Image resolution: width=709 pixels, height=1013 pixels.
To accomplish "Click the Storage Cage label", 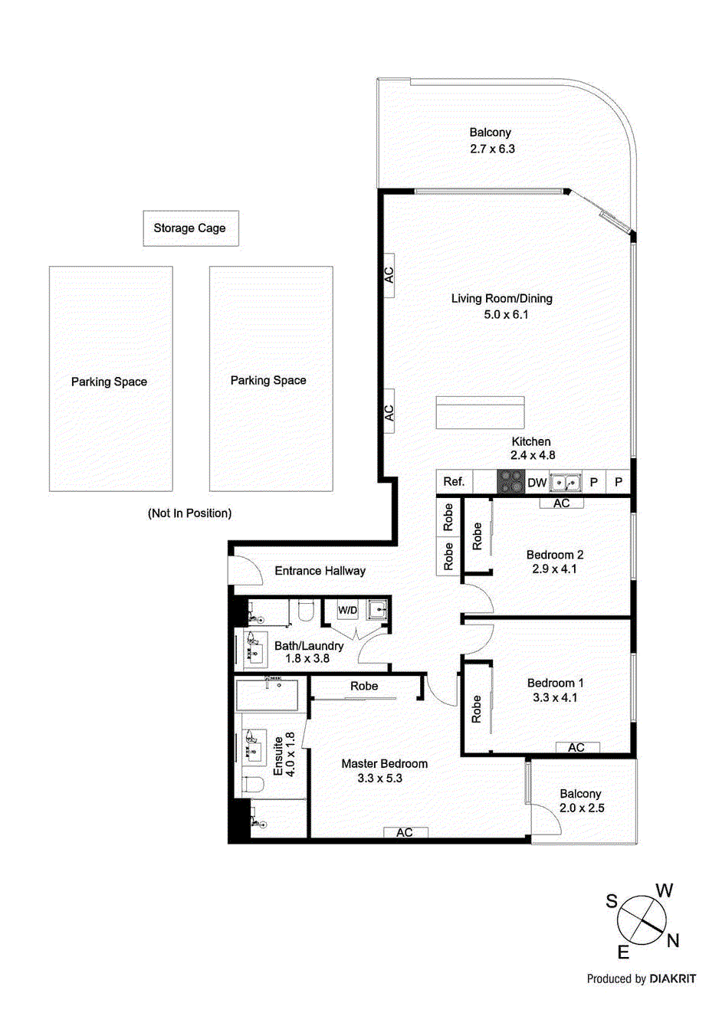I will click(189, 228).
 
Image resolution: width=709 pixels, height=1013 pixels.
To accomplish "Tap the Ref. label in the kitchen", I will click(454, 481).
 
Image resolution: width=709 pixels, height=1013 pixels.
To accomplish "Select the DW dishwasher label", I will click(537, 483).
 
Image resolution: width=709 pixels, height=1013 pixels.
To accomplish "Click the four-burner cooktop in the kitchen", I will click(510, 482).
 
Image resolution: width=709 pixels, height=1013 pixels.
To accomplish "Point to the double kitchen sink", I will click(566, 483).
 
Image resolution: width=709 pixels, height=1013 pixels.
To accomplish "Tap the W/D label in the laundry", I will click(348, 610).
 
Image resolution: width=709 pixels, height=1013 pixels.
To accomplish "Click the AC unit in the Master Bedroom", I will click(405, 832).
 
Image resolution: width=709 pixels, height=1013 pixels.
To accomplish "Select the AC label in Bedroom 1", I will click(576, 747).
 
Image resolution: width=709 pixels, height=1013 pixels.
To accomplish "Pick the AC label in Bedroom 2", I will click(561, 503).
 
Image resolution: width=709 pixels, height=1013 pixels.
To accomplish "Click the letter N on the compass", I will click(673, 941).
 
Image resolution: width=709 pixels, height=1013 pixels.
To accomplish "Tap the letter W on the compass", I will click(664, 890).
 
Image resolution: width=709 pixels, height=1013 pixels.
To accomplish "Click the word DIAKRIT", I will click(672, 979).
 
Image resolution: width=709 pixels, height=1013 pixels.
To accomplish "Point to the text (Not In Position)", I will click(189, 513).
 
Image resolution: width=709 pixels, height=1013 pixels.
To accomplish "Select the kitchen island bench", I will click(480, 412).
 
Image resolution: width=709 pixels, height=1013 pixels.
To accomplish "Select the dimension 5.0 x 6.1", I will click(506, 314).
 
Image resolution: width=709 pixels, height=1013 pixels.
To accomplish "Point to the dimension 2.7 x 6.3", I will click(492, 149).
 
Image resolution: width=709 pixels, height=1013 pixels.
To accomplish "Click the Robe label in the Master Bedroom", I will click(364, 686).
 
